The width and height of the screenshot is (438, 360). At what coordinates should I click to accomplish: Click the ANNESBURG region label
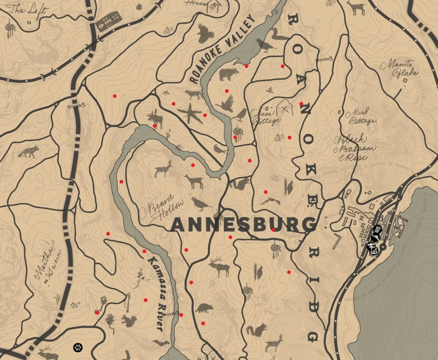tap(243, 225)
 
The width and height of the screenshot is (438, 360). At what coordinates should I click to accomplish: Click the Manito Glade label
tap(399, 70)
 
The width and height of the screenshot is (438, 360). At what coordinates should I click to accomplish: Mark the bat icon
tap(161, 343)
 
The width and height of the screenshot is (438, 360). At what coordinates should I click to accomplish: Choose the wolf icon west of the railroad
tap(28, 151)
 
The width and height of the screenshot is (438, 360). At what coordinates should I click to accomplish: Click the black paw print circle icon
tap(77, 347)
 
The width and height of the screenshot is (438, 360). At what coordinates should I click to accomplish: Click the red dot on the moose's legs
tap(155, 126)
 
